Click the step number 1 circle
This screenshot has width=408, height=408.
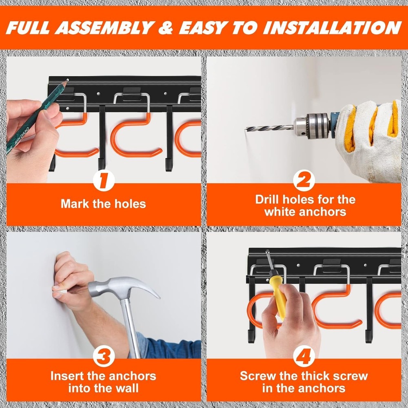point(103,181)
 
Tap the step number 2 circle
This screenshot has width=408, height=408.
point(304,181)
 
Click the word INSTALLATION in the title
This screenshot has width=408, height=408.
point(331,27)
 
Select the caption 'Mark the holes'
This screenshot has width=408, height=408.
point(103,204)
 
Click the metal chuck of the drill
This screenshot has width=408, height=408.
point(312,125)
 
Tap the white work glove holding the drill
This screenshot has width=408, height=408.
point(369,139)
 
